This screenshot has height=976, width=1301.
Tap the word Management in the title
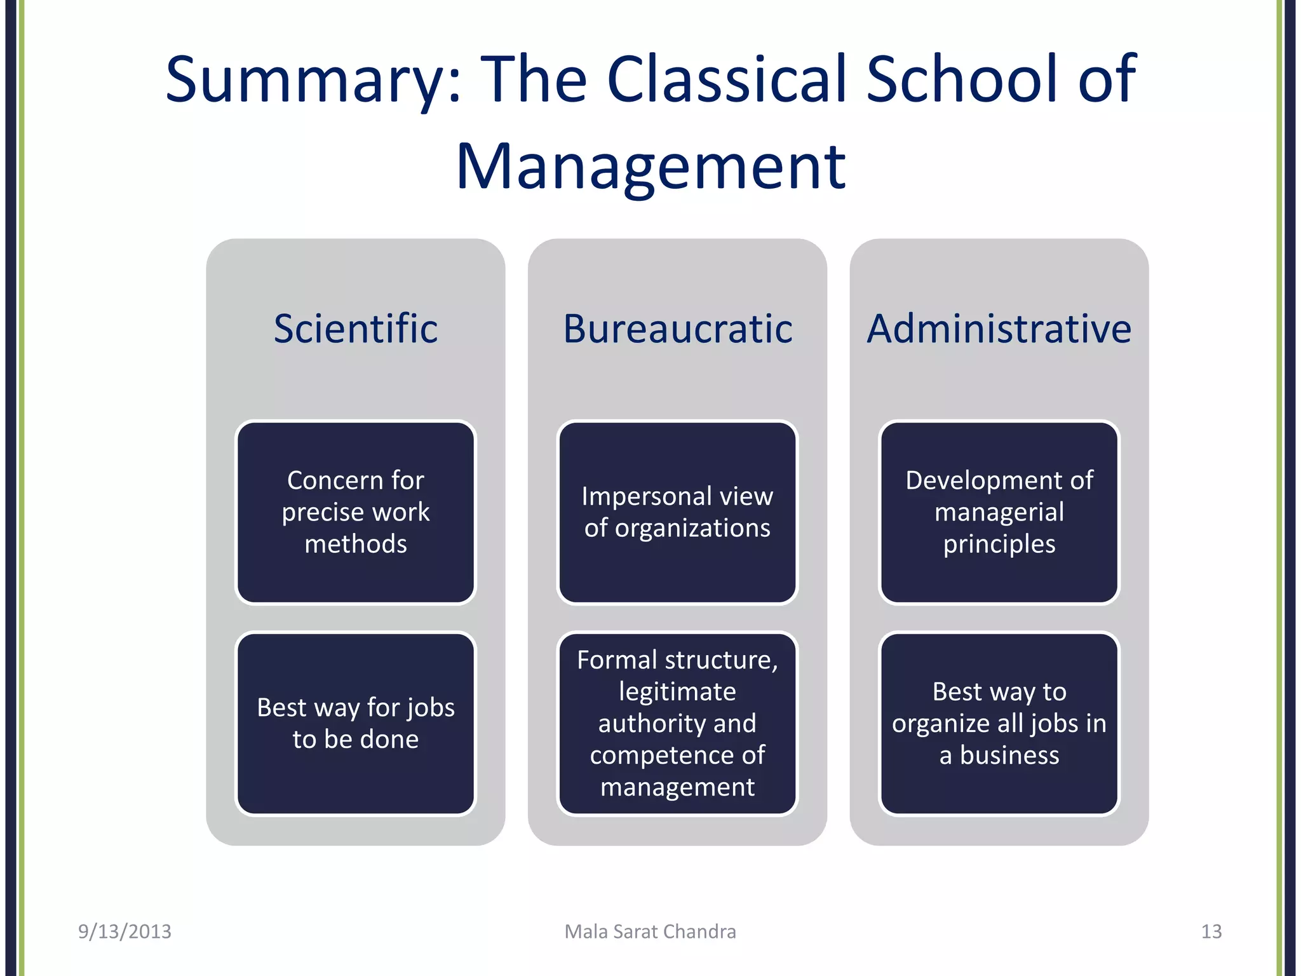pyautogui.click(x=650, y=166)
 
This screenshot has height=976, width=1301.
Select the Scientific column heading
pyautogui.click(x=355, y=329)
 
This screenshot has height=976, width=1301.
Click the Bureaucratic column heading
pyautogui.click(x=677, y=329)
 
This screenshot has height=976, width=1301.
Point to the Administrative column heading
pyautogui.click(x=999, y=329)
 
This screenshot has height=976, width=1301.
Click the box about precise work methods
pyautogui.click(x=355, y=512)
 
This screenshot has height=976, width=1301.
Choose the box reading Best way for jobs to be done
pyautogui.click(x=355, y=723)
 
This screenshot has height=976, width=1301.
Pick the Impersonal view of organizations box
pyautogui.click(x=677, y=512)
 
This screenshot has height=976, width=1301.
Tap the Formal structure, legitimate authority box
pyautogui.click(x=677, y=723)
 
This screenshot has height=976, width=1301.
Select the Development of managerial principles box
pyautogui.click(x=999, y=512)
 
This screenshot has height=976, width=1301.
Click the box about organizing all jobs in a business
pyautogui.click(x=999, y=723)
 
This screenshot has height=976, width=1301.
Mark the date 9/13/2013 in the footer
pyautogui.click(x=125, y=932)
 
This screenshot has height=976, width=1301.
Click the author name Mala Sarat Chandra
pyautogui.click(x=650, y=932)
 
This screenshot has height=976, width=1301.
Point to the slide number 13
pyautogui.click(x=1211, y=932)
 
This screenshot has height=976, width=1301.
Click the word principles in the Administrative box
pyautogui.click(x=999, y=545)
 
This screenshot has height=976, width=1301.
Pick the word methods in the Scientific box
pyautogui.click(x=355, y=545)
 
